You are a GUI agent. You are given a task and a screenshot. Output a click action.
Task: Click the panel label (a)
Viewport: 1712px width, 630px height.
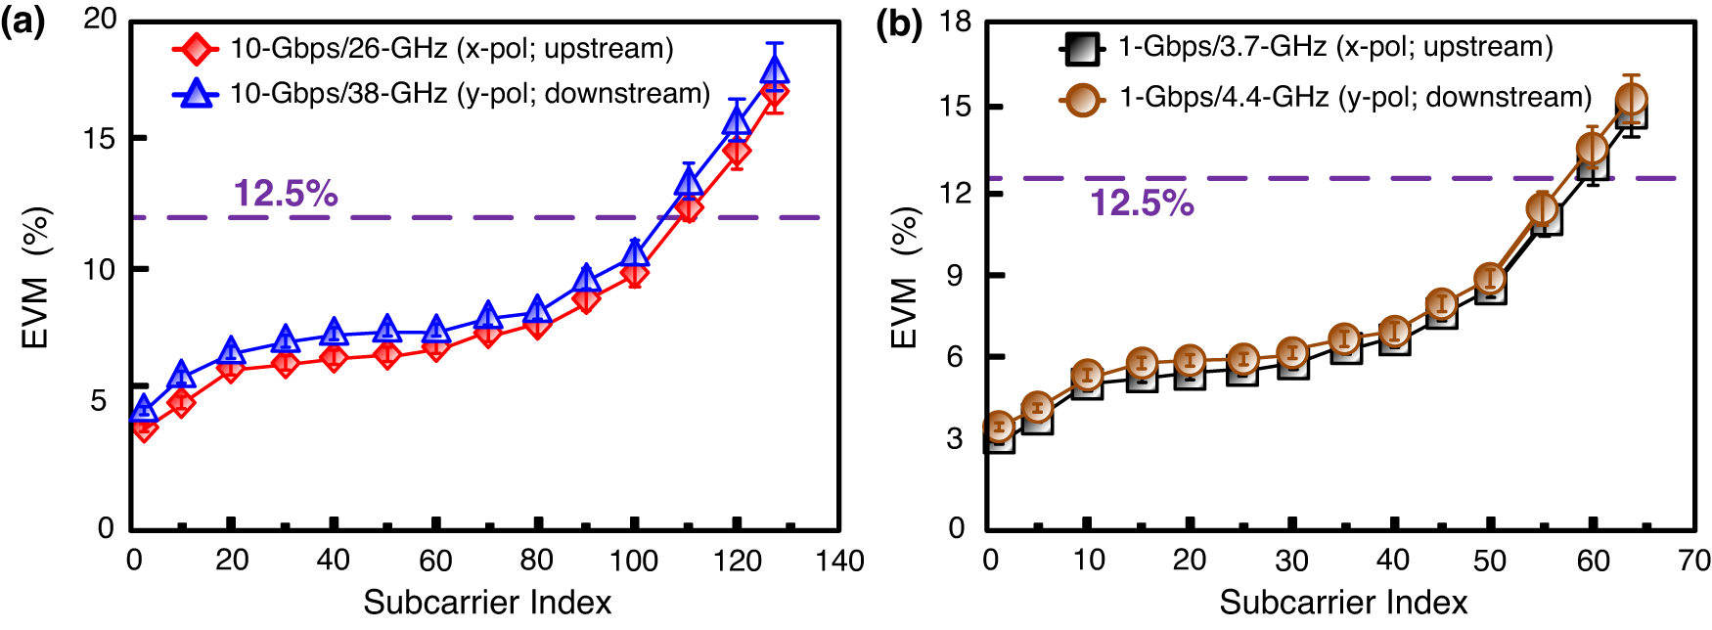coord(23,22)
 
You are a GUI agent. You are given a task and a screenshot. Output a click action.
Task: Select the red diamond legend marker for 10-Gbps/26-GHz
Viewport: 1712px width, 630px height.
coord(197,48)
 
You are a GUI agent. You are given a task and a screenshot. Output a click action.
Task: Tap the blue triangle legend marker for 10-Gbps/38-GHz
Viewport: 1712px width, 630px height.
coord(197,93)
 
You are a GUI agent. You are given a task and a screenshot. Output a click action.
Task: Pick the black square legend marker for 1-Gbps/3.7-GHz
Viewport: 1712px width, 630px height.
coord(1081,48)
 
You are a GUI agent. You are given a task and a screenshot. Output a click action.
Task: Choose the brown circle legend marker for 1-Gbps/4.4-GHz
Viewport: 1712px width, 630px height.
coord(1083,98)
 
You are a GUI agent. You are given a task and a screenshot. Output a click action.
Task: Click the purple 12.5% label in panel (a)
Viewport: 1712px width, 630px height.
coord(285,194)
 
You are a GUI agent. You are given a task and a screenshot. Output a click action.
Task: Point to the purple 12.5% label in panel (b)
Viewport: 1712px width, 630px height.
coord(1142,202)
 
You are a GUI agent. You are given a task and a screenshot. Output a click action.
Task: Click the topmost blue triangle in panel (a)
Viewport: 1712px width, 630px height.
coord(774,69)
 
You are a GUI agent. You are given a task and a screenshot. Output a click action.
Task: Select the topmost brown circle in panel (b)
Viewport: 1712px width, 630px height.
coord(1631,99)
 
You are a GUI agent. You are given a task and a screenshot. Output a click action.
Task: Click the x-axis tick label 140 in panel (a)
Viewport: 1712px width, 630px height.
coord(839,561)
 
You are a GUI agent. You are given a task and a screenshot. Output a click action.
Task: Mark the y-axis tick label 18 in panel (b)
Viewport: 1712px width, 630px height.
coord(955,22)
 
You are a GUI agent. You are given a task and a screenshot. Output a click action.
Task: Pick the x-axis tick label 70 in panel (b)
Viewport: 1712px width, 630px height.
coord(1693,561)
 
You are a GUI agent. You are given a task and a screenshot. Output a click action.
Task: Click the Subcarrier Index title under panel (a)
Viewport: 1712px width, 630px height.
coord(487,603)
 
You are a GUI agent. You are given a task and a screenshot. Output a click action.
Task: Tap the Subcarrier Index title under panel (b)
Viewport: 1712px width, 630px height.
coord(1343,603)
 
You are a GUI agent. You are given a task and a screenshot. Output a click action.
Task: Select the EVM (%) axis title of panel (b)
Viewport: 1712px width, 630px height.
coord(905,278)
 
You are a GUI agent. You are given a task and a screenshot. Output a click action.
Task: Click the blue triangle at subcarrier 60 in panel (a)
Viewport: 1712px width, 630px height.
coord(436,330)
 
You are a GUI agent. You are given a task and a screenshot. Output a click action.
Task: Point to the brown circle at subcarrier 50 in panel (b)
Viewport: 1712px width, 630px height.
coord(1489,279)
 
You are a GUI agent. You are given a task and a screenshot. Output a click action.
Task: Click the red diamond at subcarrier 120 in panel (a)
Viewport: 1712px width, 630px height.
coord(737,152)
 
